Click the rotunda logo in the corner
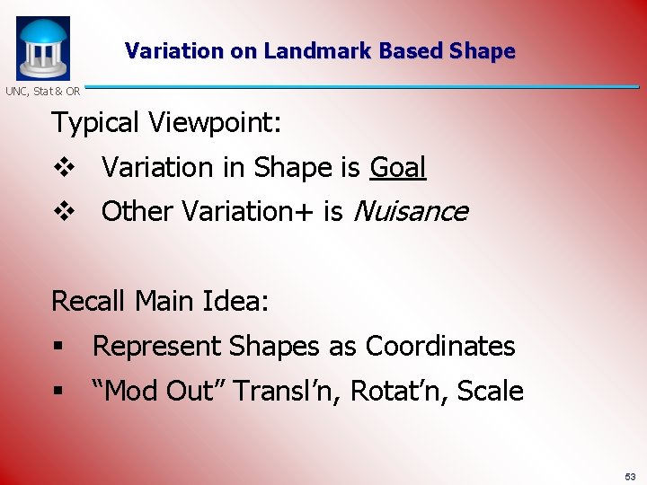tap(42, 48)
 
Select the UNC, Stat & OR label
tap(42, 91)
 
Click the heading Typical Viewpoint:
tap(166, 122)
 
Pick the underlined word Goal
tap(397, 167)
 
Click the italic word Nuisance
tap(411, 211)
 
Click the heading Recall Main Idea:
tap(160, 301)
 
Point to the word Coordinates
tap(440, 346)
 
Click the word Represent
tap(157, 346)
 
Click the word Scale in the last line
tap(491, 391)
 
